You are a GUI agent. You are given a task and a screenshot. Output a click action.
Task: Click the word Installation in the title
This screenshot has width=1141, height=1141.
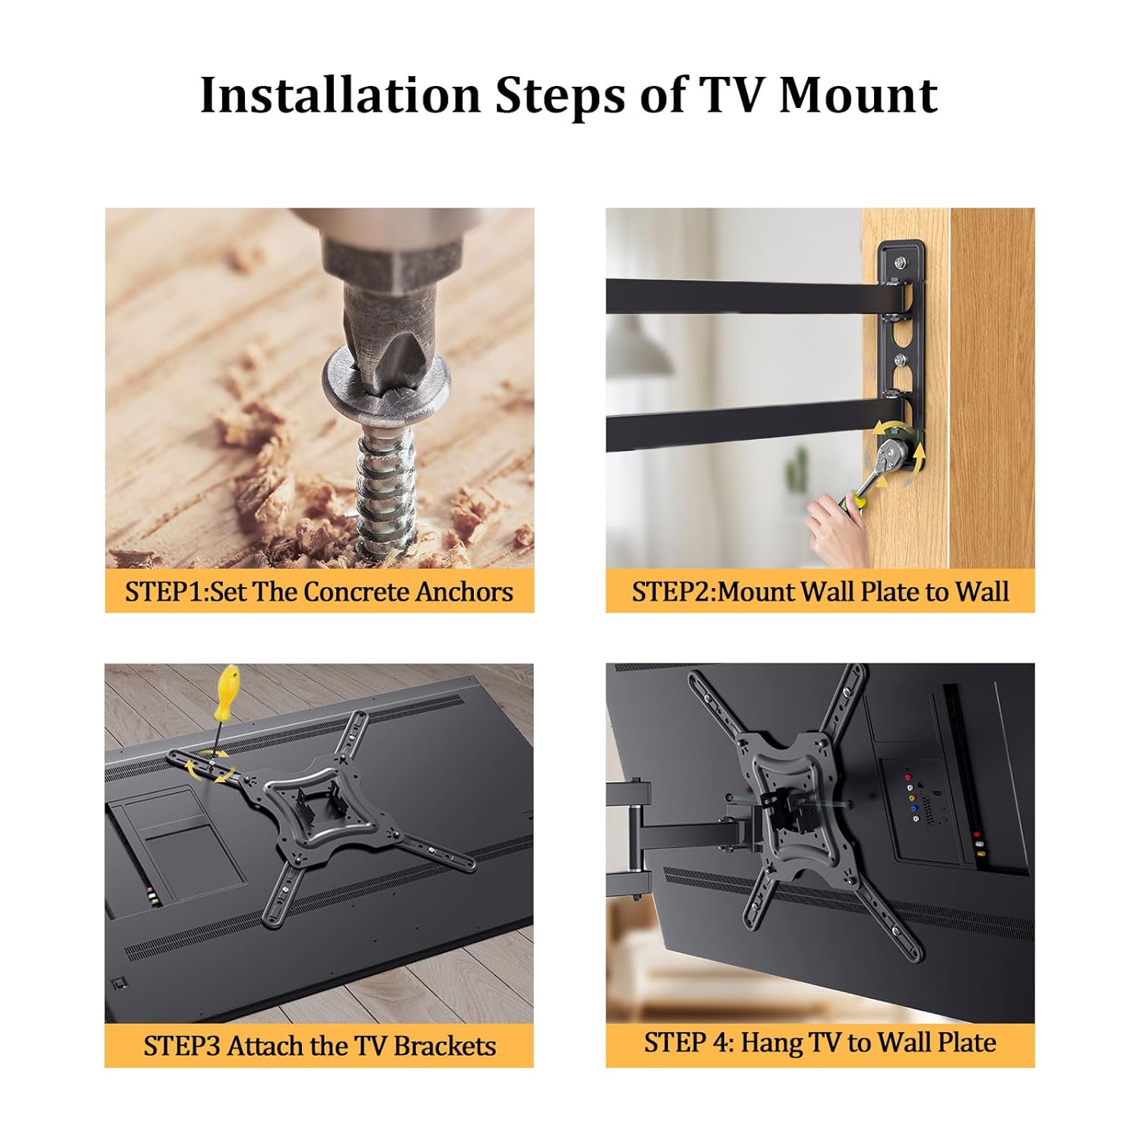click(340, 95)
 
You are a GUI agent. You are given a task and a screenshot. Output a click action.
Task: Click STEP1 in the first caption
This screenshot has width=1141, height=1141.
click(165, 592)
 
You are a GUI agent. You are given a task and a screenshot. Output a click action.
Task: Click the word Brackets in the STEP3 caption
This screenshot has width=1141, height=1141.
click(445, 1046)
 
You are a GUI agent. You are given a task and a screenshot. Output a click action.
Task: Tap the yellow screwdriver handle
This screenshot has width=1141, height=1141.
click(227, 692)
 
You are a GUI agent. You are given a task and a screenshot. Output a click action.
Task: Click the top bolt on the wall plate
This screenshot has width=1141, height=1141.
click(901, 263)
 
